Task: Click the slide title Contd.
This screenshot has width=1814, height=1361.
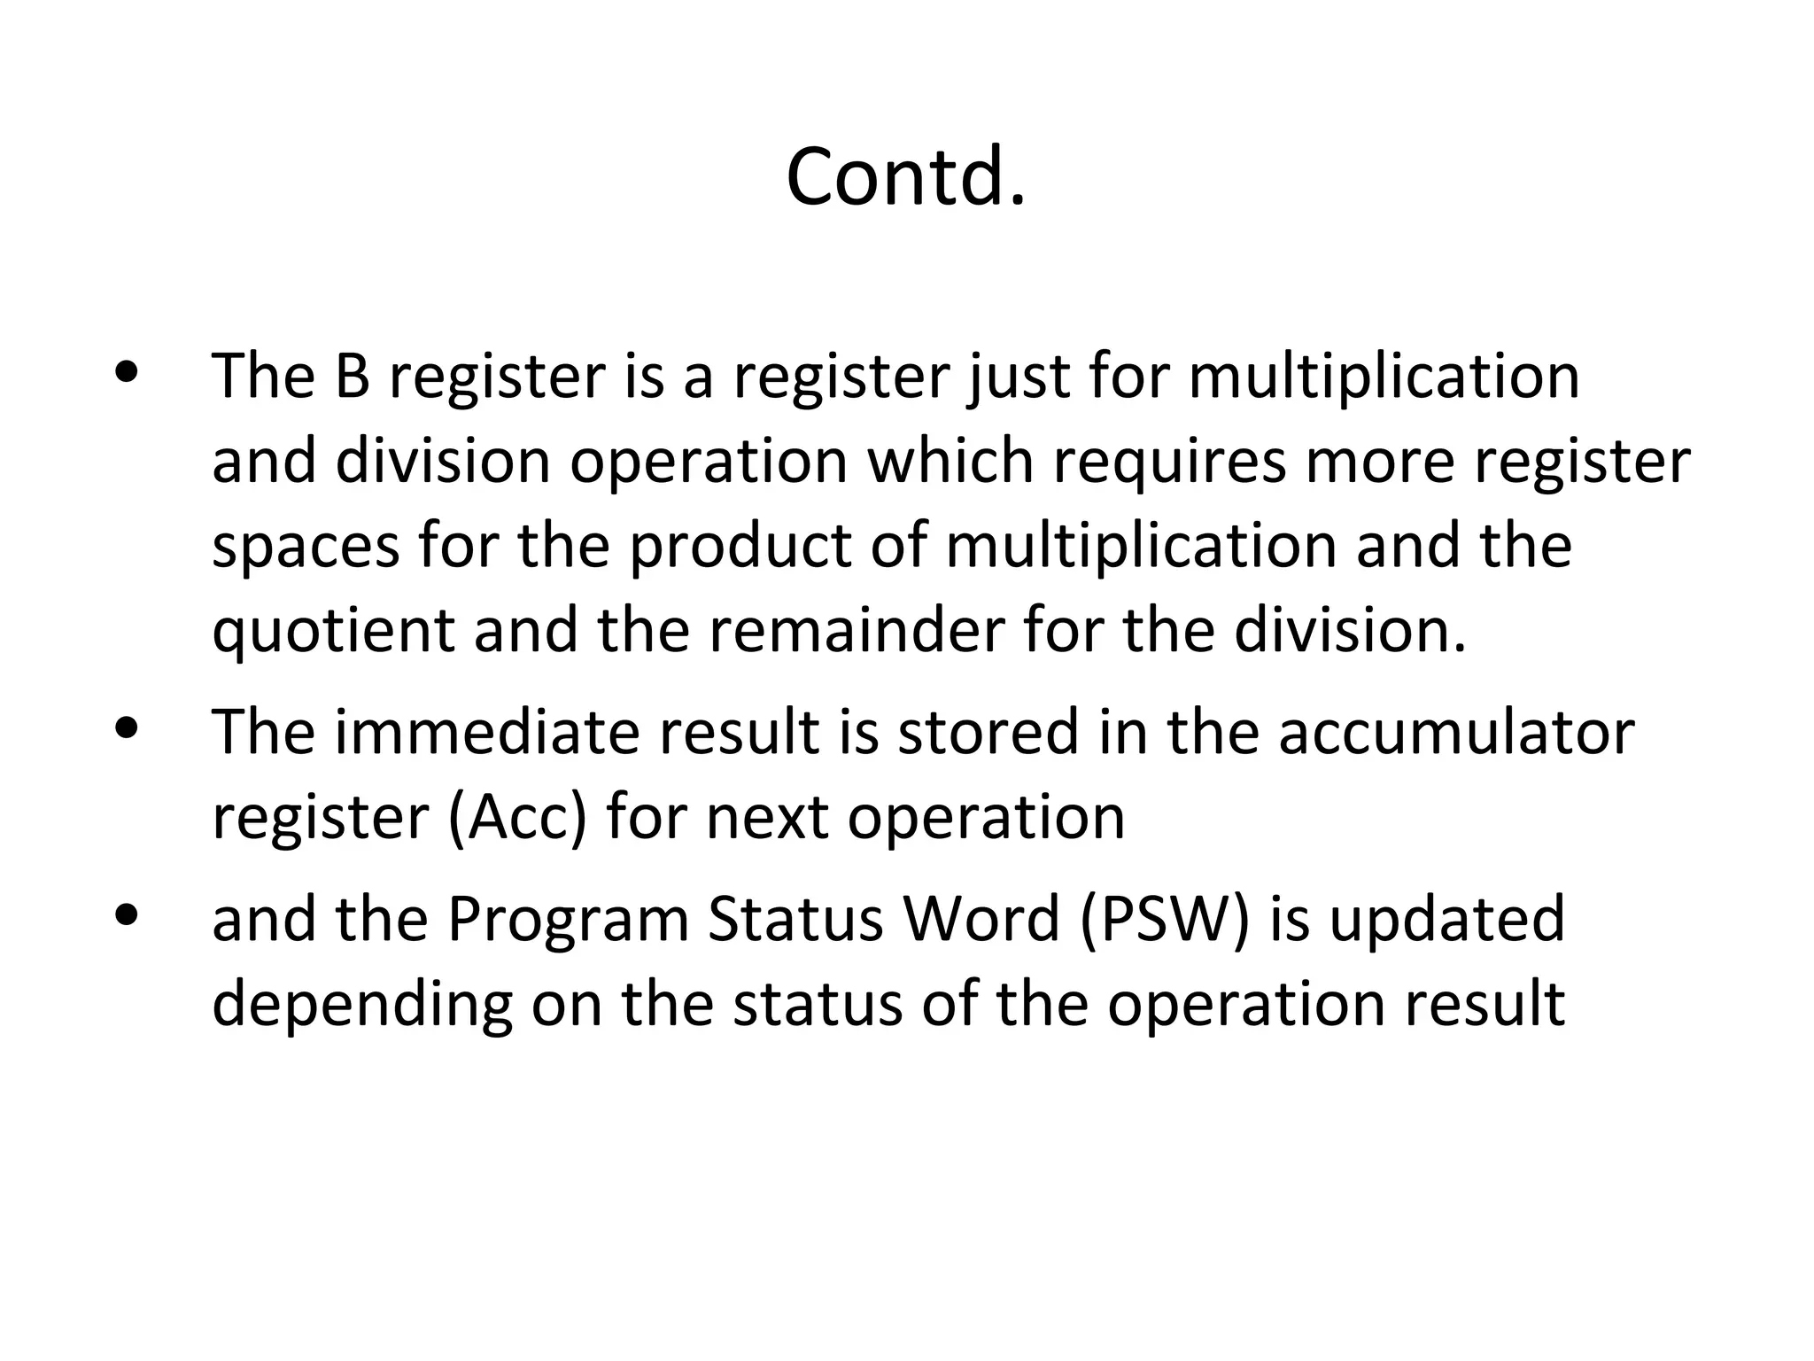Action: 905,177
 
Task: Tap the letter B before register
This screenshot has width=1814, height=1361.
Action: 352,376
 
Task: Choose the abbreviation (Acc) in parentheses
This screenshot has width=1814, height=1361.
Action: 518,817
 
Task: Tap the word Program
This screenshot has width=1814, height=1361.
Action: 568,919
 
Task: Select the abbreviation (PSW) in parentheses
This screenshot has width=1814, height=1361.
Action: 1165,919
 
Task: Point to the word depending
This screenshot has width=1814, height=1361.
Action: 362,1004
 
